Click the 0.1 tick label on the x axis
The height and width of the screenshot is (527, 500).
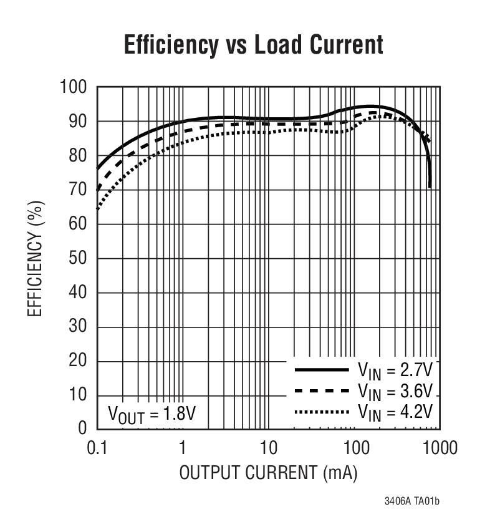point(97,448)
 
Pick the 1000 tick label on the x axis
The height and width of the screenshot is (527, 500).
point(439,448)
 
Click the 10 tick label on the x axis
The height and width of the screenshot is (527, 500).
point(268,448)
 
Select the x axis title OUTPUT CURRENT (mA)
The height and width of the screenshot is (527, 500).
point(268,473)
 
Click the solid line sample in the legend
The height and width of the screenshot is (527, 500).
point(321,370)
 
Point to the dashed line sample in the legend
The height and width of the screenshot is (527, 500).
point(321,391)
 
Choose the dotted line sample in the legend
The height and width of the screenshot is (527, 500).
point(321,412)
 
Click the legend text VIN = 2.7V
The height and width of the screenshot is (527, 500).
point(394,371)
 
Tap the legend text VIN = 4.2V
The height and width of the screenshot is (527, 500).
point(394,413)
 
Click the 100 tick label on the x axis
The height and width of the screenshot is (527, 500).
point(354,448)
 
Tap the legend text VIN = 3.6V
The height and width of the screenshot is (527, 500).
point(394,392)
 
